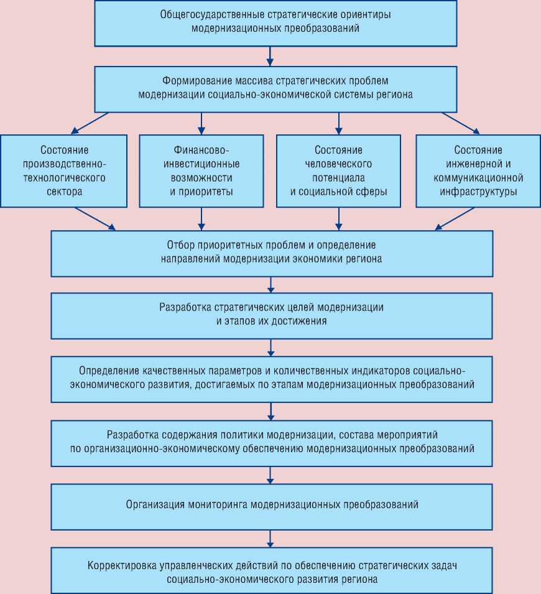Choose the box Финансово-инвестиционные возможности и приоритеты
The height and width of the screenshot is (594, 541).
coord(201,171)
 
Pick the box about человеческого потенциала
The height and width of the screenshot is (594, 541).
coord(339,171)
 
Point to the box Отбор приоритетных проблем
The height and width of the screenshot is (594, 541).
coord(271,253)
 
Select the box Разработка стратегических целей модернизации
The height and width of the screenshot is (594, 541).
coord(271,315)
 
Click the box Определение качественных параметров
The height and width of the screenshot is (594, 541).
coord(271,378)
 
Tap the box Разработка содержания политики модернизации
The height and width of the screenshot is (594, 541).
coord(271,442)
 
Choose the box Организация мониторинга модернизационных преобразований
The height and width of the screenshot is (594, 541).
coord(271,504)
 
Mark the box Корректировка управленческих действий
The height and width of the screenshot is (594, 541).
coord(271,570)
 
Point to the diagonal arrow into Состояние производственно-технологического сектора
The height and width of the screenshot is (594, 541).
coord(90,123)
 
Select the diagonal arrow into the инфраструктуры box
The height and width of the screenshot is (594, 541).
coord(461,123)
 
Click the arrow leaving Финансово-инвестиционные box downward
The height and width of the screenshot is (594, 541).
coord(201,219)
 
